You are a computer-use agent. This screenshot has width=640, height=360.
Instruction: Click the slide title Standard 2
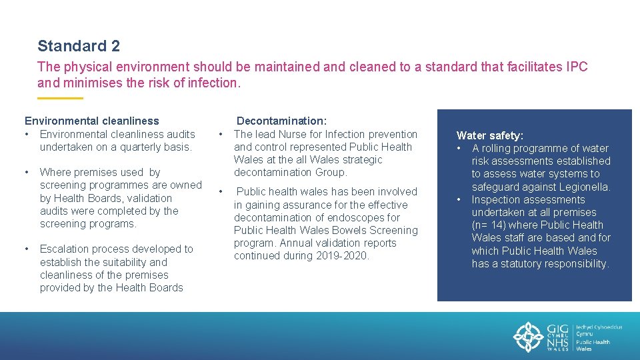click(79, 46)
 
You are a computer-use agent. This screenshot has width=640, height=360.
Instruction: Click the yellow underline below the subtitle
click(60, 98)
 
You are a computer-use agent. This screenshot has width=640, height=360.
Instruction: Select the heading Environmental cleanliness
click(92, 121)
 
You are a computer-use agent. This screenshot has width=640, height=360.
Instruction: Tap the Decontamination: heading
click(281, 121)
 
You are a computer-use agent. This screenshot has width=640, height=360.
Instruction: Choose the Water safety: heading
click(489, 135)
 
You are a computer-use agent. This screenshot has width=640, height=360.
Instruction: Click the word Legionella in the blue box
click(584, 187)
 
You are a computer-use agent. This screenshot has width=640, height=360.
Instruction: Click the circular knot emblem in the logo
click(528, 337)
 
